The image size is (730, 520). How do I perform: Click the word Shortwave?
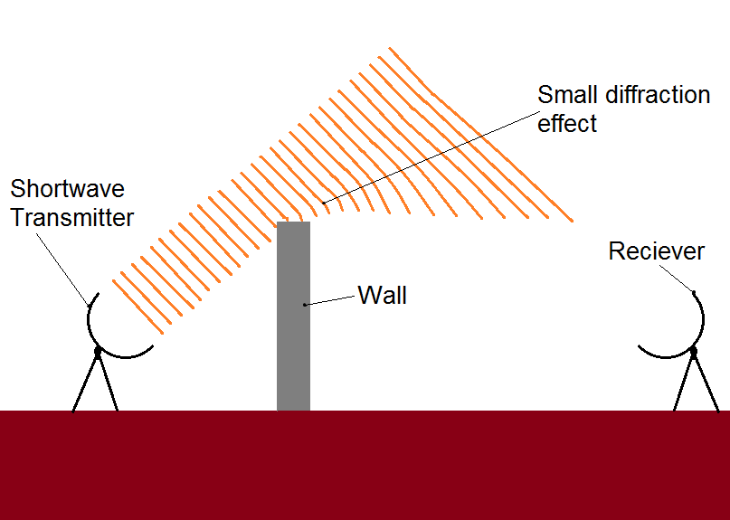(68, 189)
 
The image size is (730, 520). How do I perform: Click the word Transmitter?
(72, 217)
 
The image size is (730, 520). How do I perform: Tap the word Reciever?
(657, 251)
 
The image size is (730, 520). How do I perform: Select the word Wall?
(383, 295)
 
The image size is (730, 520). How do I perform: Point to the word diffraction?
(658, 95)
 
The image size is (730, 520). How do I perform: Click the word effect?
(567, 123)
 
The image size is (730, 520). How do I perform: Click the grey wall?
(293, 317)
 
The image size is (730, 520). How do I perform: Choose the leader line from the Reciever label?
(677, 279)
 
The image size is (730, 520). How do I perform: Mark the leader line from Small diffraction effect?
(431, 157)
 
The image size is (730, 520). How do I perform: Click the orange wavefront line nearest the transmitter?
(137, 307)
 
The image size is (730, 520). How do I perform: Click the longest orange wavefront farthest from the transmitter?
(480, 135)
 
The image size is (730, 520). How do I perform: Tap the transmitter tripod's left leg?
(85, 382)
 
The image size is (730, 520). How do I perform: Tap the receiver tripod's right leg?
(706, 382)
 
